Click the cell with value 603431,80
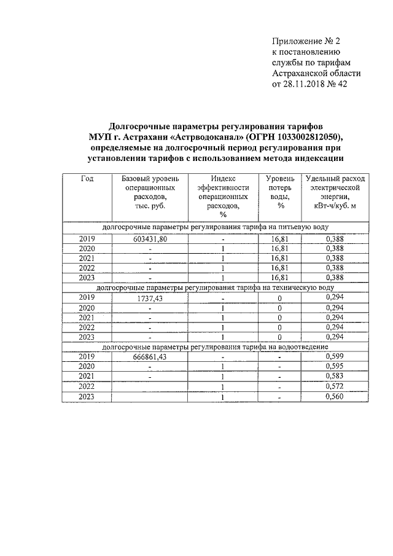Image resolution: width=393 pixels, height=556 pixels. click(149, 238)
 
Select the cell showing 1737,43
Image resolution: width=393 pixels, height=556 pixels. click(149, 297)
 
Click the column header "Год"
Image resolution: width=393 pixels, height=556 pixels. click(87, 178)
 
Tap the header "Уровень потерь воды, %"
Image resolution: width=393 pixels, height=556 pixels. click(281, 192)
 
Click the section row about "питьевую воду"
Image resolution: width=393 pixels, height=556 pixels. click(219, 227)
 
